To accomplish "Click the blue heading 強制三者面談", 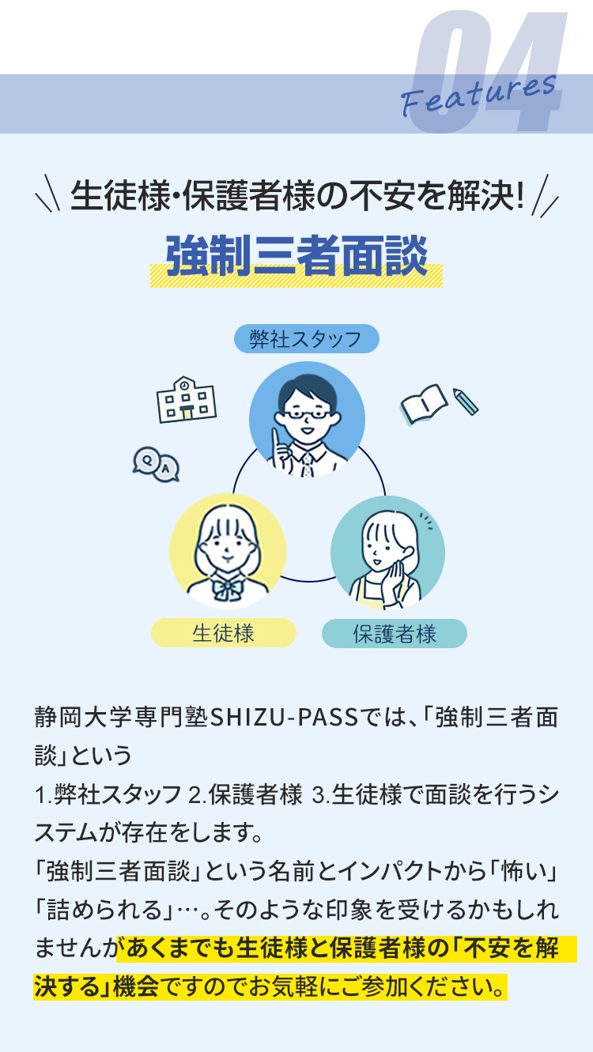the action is [296, 256].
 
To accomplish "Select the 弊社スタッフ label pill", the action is [306, 338].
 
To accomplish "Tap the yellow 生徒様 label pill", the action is [224, 632].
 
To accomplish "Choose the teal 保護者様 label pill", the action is [395, 633].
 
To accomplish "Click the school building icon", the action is [186, 399].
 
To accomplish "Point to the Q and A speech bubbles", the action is [156, 464].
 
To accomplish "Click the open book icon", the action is [423, 404].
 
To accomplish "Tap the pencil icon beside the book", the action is [466, 401].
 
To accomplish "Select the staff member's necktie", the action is [307, 465].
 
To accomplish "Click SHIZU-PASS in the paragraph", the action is [284, 717].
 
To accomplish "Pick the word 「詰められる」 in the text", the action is [104, 910].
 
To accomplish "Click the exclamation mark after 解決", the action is [519, 195].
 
